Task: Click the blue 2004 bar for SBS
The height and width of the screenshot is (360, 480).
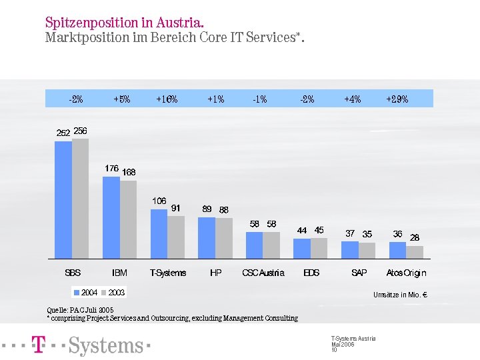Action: click(x=63, y=199)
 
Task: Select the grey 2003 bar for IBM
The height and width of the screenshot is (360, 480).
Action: click(x=129, y=219)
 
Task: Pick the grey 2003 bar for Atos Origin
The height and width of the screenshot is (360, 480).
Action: click(x=415, y=252)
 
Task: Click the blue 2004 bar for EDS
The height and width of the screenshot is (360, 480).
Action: click(x=302, y=248)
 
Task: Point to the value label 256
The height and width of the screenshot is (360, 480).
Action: click(x=81, y=131)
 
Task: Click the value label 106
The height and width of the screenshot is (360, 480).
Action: click(x=159, y=201)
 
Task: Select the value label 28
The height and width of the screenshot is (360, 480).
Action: click(x=415, y=237)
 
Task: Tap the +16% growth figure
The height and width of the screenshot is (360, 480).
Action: click(x=167, y=99)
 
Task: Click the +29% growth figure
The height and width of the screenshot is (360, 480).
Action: click(x=397, y=99)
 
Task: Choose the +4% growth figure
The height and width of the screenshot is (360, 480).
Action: click(x=353, y=99)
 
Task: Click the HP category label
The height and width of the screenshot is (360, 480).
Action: click(x=215, y=273)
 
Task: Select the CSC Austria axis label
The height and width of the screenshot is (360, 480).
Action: click(x=263, y=273)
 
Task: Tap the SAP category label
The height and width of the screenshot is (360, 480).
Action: click(x=359, y=273)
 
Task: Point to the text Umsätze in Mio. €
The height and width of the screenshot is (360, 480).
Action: click(x=400, y=295)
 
